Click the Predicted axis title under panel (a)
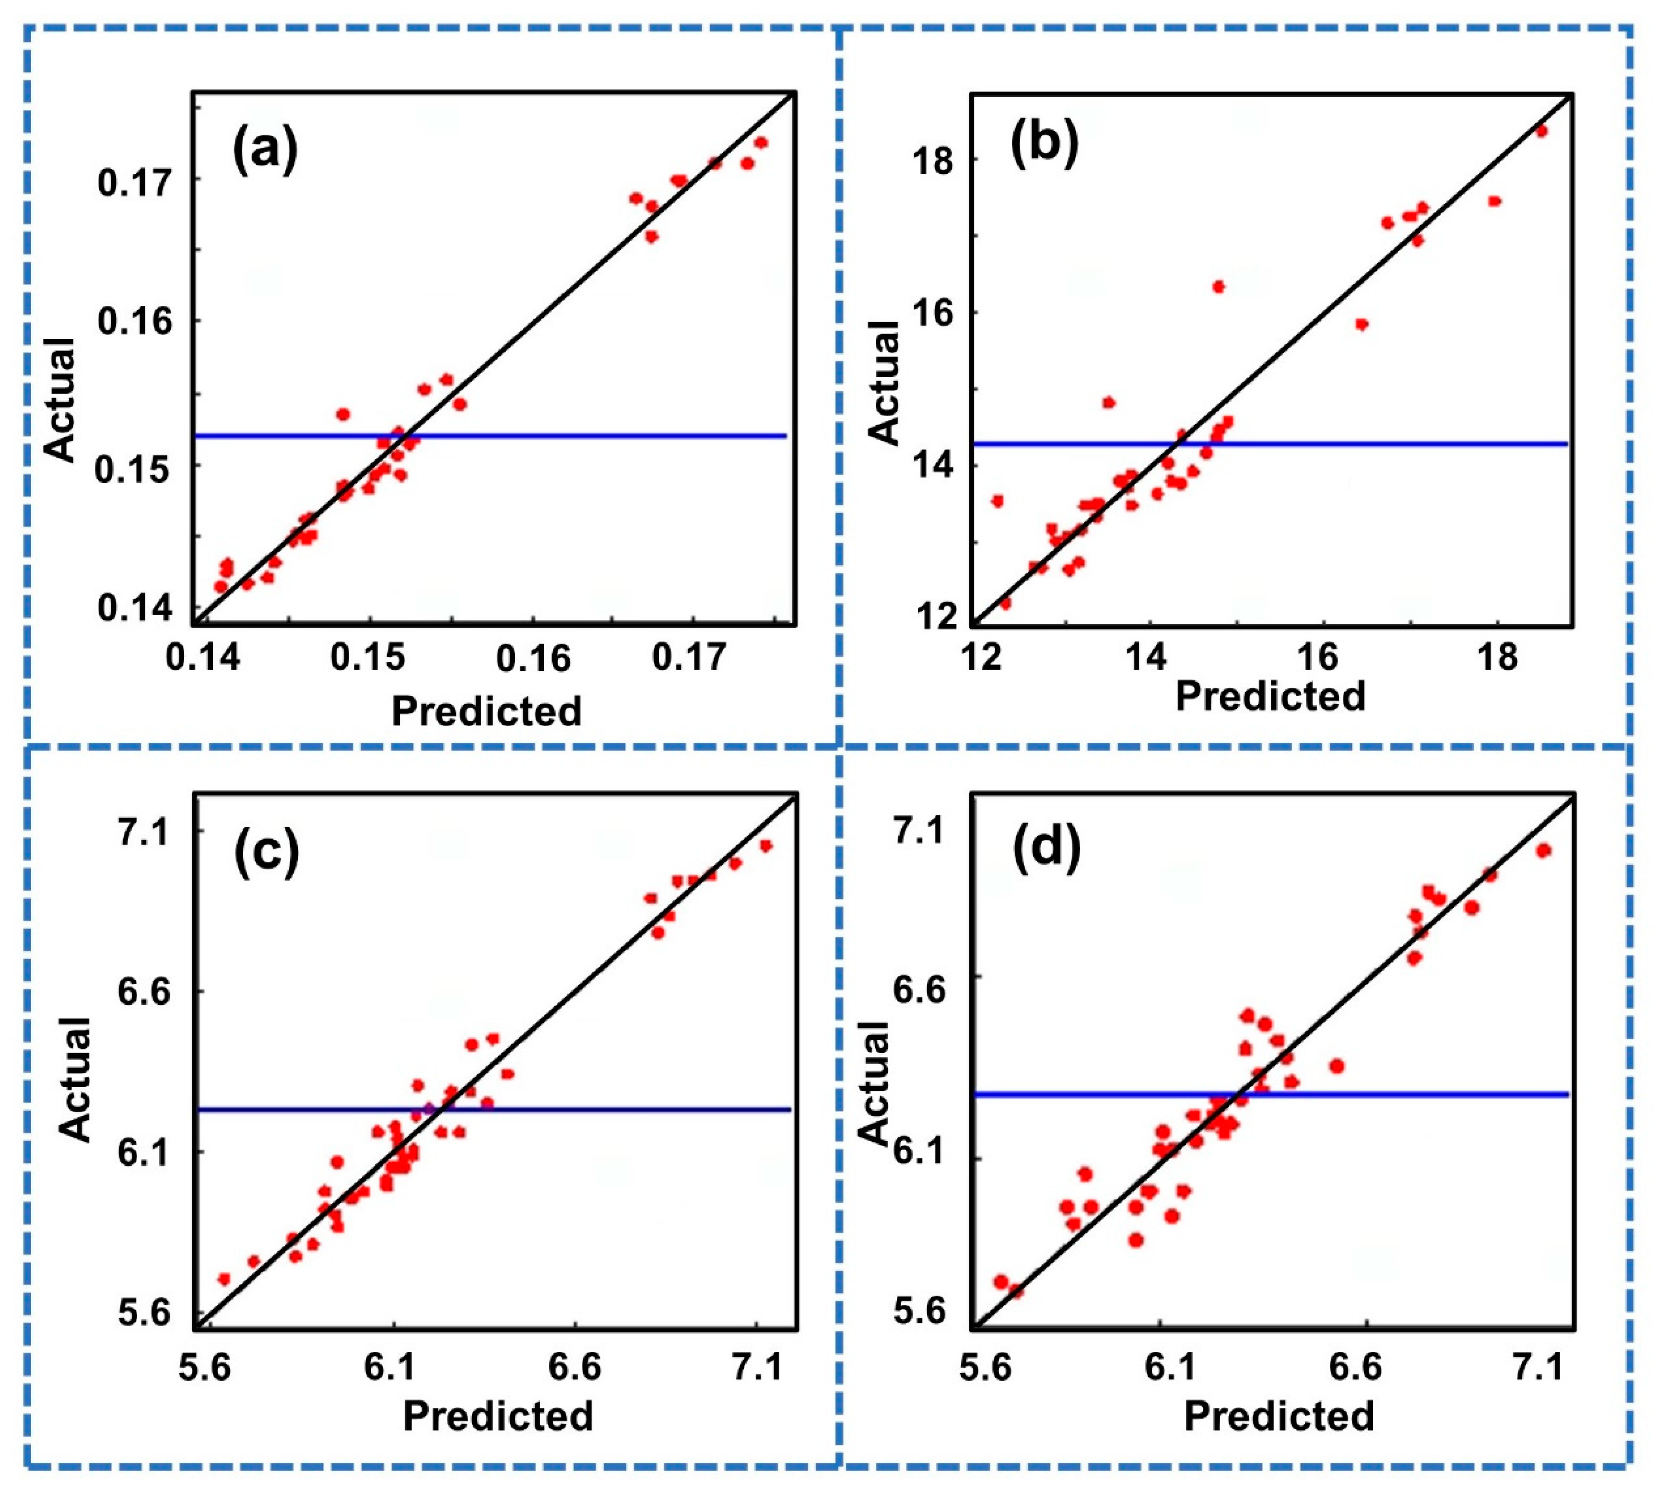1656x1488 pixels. click(487, 710)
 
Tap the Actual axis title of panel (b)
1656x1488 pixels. click(886, 383)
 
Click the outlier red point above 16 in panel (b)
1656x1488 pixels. click(1219, 286)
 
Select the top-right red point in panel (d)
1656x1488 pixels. click(1543, 850)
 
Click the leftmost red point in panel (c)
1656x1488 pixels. click(224, 1279)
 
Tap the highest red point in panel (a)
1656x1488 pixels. click(761, 143)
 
